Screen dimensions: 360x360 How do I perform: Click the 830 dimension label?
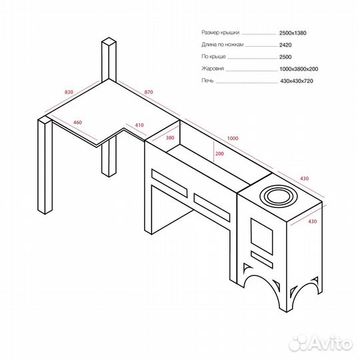(69, 92)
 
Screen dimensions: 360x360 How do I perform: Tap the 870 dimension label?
(149, 92)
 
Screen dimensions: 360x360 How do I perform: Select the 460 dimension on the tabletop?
(77, 123)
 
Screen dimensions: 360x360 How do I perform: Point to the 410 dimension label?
(139, 125)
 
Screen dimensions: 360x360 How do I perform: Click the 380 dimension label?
(170, 138)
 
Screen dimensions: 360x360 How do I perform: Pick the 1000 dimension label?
(233, 138)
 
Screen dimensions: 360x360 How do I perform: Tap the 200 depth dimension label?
(219, 153)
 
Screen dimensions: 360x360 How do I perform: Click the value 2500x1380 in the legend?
(293, 33)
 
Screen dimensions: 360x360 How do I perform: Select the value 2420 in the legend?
(285, 45)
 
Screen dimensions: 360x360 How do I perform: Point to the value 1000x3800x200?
(299, 69)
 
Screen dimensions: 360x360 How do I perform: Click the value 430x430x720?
(297, 81)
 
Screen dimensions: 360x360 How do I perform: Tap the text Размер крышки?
(221, 33)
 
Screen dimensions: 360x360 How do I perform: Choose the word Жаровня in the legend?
(213, 69)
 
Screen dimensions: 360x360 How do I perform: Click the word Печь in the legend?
(207, 81)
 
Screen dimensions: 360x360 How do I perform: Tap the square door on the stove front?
(262, 237)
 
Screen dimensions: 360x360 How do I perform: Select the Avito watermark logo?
(321, 344)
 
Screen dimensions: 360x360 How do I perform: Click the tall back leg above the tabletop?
(109, 60)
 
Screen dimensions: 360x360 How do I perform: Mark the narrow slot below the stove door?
(262, 260)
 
